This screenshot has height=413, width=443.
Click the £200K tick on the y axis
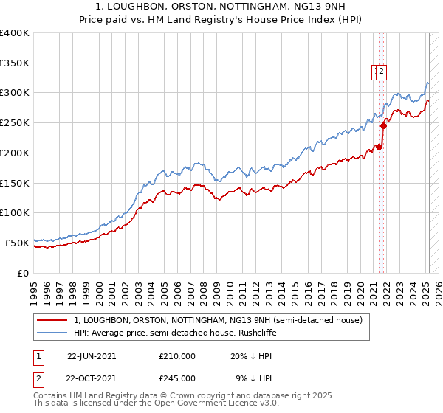tap(14, 153)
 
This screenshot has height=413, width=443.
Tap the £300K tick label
tap(14, 93)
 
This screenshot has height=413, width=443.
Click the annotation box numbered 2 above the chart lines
tap(381, 72)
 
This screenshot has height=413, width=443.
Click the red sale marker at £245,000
tap(384, 126)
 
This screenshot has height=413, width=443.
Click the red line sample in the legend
tap(52, 321)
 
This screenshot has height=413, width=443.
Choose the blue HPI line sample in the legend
tap(52, 333)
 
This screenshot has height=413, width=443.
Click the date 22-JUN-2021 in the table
tap(92, 355)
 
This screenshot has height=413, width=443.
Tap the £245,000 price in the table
tap(176, 378)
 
